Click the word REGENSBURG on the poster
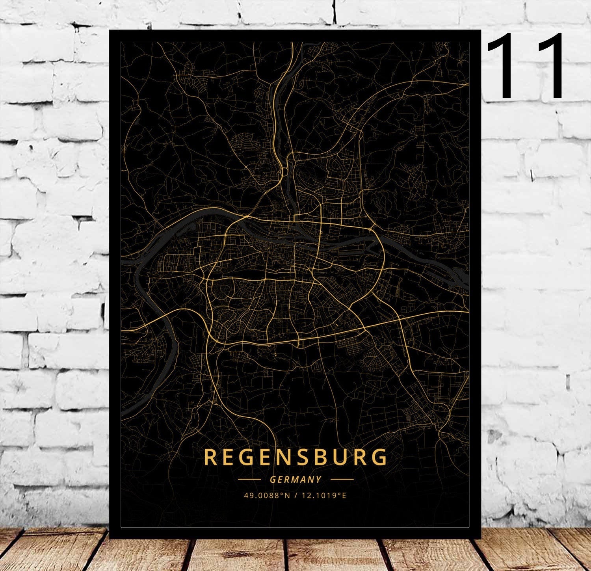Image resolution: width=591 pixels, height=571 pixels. [x=295, y=457]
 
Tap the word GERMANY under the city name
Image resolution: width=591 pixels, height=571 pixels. [x=295, y=480]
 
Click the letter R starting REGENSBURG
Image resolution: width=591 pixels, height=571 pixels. [x=211, y=457]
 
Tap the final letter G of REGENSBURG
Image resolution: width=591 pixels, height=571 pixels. [x=380, y=457]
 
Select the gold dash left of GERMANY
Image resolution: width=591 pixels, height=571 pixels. [x=249, y=480]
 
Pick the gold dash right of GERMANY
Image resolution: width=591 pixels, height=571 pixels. [x=342, y=480]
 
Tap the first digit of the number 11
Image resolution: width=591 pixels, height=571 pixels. [x=504, y=66]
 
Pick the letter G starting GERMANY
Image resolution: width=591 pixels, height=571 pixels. [x=273, y=480]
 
